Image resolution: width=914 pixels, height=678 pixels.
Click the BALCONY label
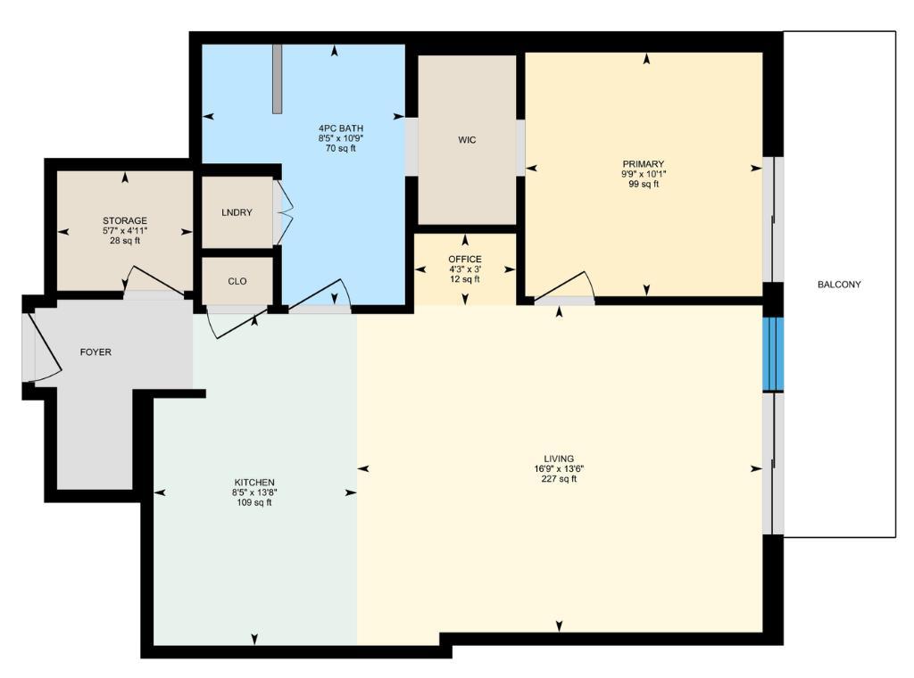(838, 285)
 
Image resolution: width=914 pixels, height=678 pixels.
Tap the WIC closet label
(467, 140)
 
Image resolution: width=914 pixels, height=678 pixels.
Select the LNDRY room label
(237, 212)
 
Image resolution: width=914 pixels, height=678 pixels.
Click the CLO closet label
(237, 281)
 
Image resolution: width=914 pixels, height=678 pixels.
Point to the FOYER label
(96, 352)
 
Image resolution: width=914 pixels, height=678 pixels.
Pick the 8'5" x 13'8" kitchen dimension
(254, 492)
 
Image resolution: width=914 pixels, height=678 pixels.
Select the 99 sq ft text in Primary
(644, 185)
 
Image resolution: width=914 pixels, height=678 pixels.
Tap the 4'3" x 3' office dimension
(464, 269)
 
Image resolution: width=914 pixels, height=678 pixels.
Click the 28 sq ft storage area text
(124, 241)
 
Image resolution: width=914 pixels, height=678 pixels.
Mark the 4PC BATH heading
(335, 128)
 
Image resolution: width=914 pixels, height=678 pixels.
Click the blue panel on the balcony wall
(772, 354)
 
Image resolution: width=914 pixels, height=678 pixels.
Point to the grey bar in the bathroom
(278, 79)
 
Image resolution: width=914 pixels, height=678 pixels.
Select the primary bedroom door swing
(564, 285)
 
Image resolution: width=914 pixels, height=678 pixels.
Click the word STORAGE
(124, 220)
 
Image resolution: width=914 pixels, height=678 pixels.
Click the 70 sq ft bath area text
(335, 149)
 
